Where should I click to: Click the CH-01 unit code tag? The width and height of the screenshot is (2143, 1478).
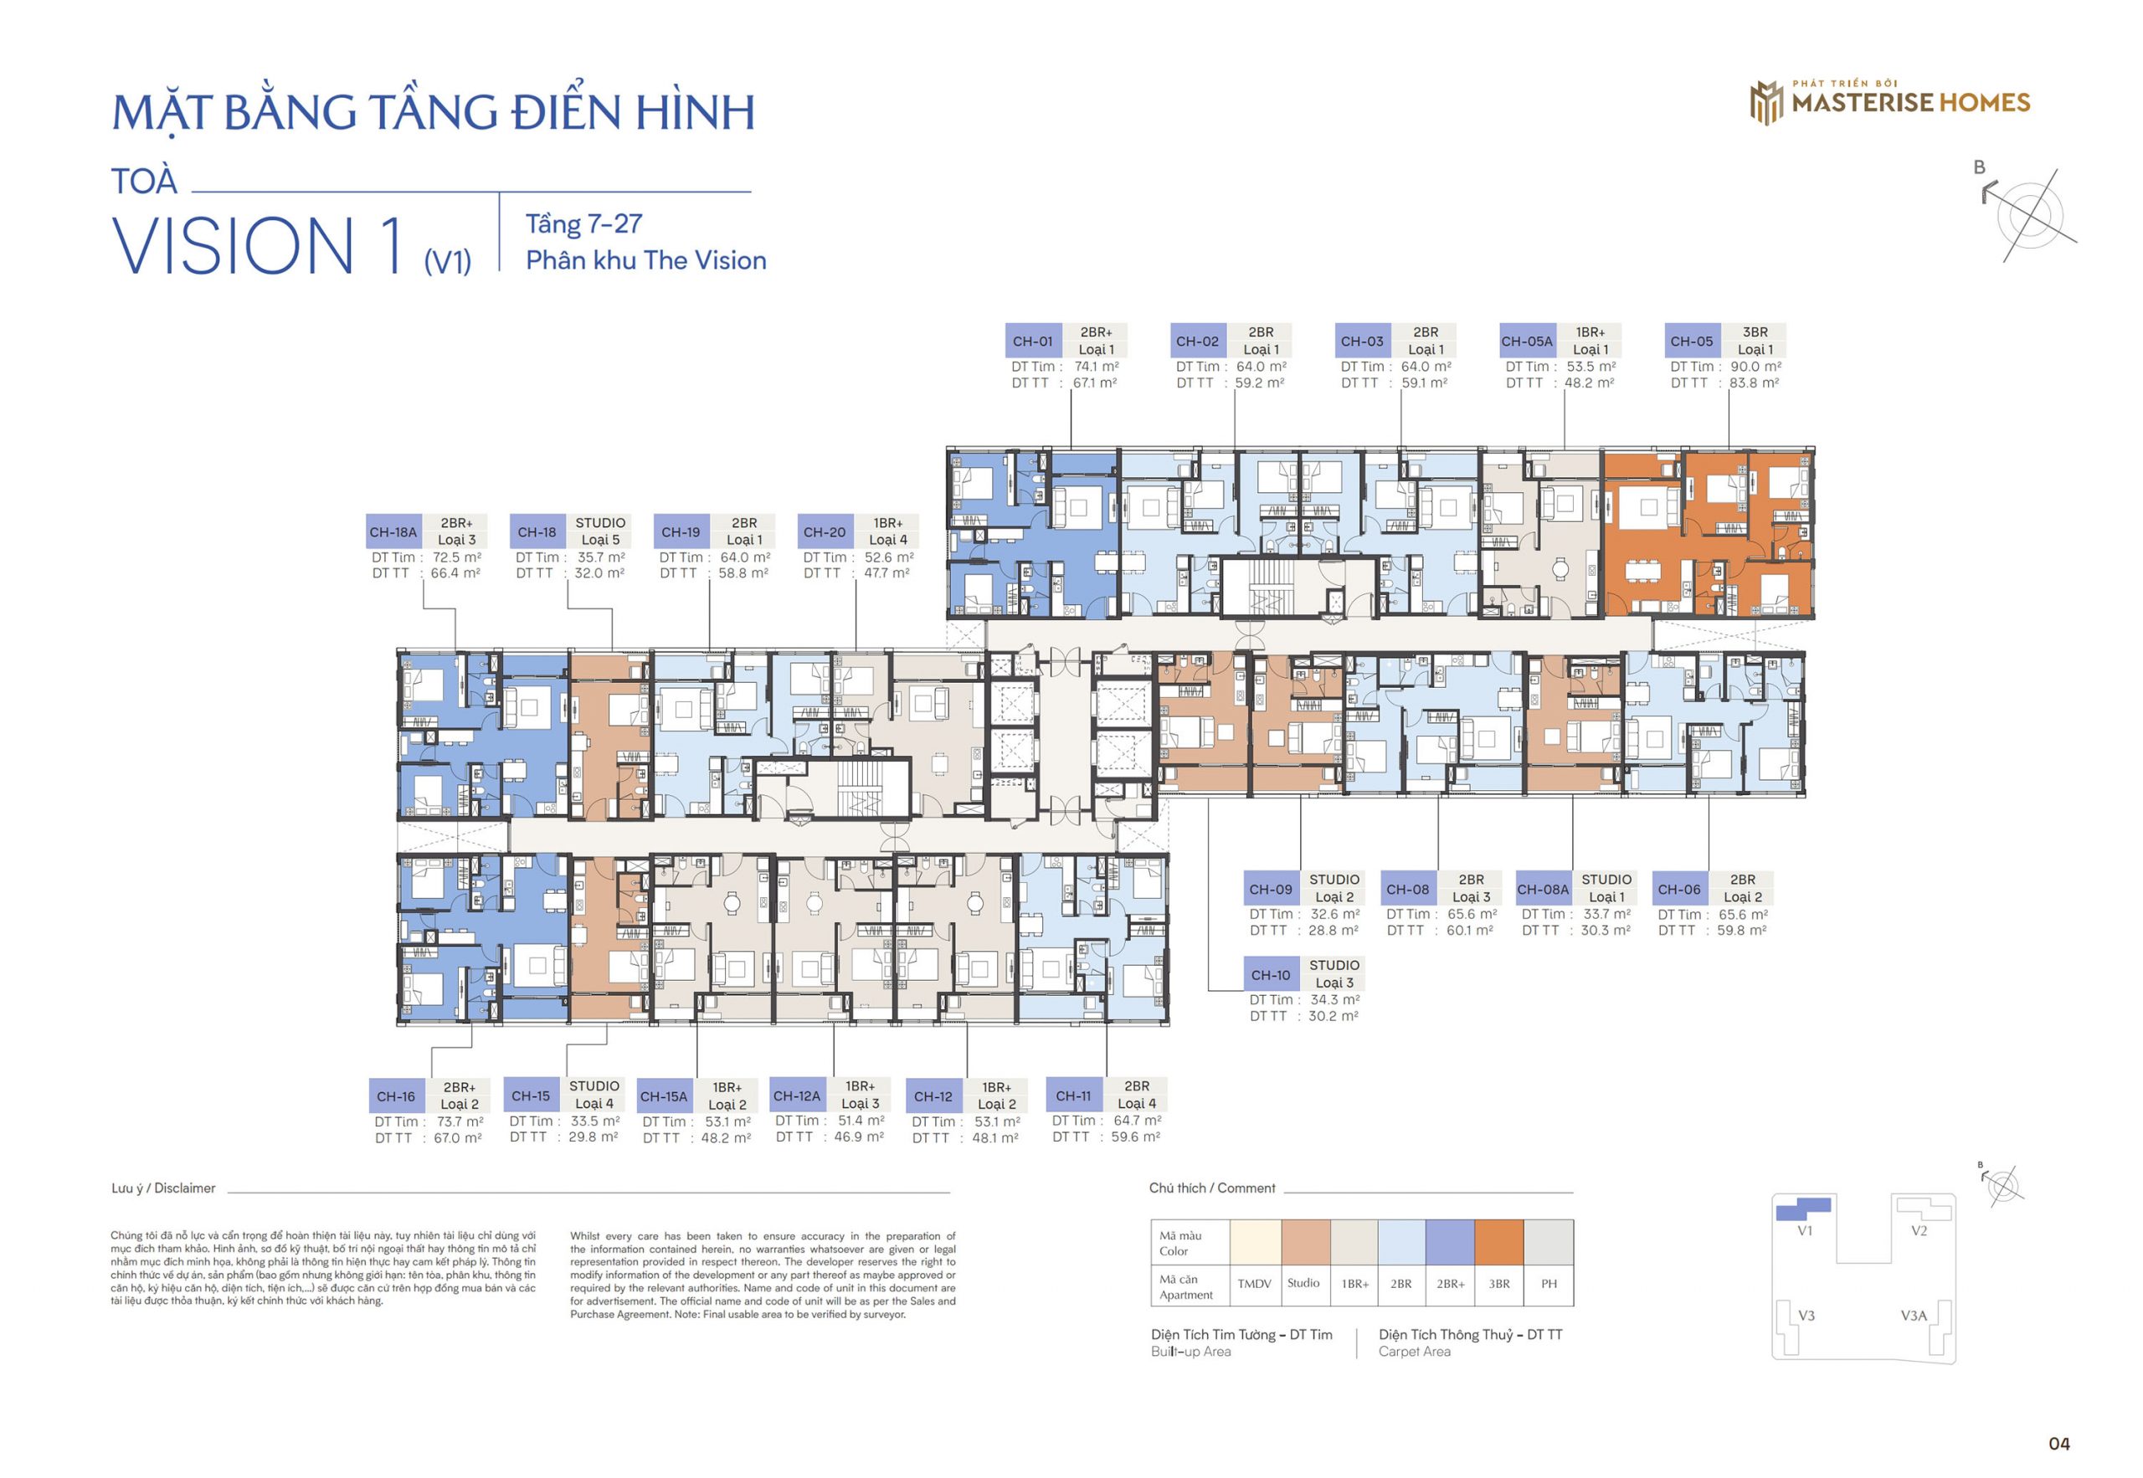coord(1033,341)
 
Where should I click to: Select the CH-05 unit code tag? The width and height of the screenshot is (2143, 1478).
coord(1692,341)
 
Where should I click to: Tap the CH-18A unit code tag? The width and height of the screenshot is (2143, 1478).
coord(393,531)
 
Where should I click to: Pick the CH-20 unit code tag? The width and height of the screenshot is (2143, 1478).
coord(825,531)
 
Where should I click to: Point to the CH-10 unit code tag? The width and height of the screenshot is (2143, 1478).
coord(1271,975)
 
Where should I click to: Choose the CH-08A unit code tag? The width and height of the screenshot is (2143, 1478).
coord(1543,889)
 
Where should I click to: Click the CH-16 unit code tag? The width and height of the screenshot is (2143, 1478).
coord(397,1096)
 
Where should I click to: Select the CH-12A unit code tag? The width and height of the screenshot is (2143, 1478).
coord(796,1096)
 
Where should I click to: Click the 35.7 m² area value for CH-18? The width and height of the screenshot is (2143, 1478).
coord(601,557)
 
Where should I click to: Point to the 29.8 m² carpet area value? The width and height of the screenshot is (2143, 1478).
coord(594,1137)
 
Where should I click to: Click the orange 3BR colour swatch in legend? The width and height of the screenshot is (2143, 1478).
coord(1498,1243)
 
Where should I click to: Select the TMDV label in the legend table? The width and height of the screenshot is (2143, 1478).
coord(1254,1284)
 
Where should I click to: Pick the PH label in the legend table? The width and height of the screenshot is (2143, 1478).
coord(1549,1284)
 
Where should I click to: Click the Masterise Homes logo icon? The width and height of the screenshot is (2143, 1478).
coord(1766,102)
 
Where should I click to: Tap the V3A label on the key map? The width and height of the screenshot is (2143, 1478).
coord(1914,1315)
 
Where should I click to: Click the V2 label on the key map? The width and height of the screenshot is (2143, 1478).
coord(1919,1231)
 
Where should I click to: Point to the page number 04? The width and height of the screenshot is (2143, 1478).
coord(2058,1443)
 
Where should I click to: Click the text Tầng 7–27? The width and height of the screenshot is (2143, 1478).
coord(583,224)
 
